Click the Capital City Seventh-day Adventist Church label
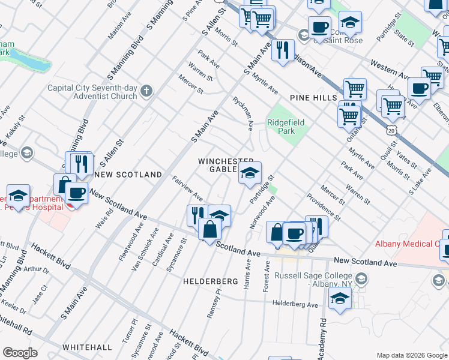click(92, 92)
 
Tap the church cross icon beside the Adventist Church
click(146, 92)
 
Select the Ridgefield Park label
click(286, 127)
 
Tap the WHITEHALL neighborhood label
click(86, 347)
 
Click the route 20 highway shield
click(391, 130)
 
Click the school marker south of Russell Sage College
click(340, 298)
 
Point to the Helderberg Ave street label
click(295, 305)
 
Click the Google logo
click(20, 353)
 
